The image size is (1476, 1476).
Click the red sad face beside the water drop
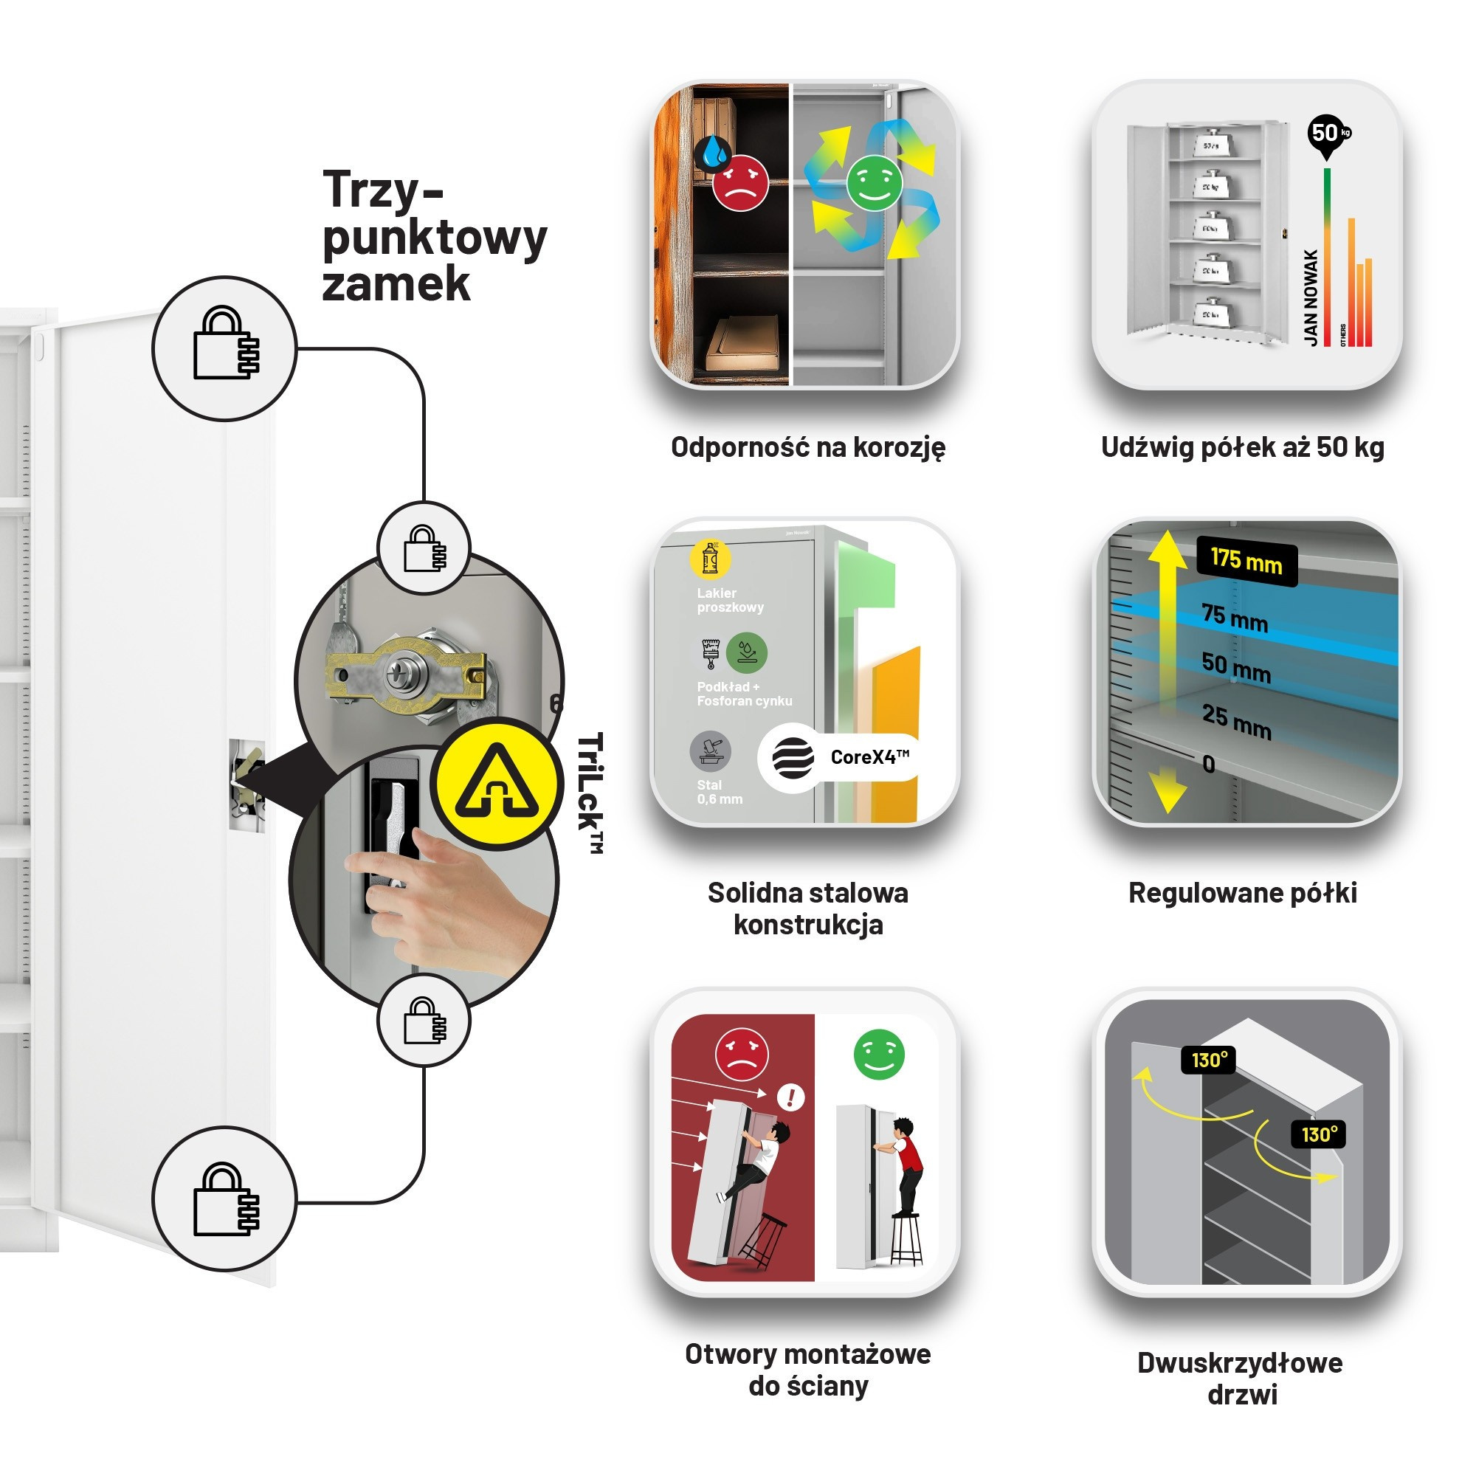coord(739,182)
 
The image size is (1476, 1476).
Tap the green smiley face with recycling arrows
coord(874,182)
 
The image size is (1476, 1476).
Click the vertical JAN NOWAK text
coord(1311,297)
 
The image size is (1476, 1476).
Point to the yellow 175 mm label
coord(1246,562)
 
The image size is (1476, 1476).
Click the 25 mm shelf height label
coord(1236,720)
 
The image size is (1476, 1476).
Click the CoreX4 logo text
coord(869,757)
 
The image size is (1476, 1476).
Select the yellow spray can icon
coord(710,558)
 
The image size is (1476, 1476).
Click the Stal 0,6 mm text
coord(719,791)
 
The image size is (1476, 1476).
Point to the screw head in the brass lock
coord(400,674)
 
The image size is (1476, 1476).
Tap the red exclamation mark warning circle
coord(790,1098)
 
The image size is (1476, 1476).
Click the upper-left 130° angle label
coord(1208,1060)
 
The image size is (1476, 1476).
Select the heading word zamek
coord(396,283)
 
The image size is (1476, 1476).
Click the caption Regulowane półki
coord(1242,892)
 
